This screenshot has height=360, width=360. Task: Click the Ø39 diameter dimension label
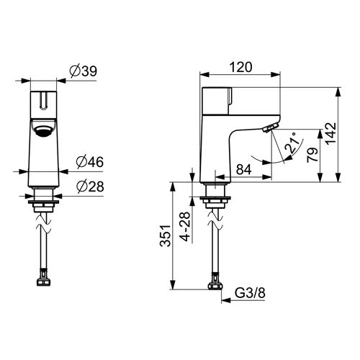(x=84, y=71)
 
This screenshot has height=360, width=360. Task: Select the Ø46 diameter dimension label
(x=90, y=162)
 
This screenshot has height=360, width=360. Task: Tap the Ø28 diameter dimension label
(x=90, y=186)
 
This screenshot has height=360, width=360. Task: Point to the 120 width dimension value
(x=241, y=67)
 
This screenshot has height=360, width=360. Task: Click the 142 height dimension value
(x=331, y=133)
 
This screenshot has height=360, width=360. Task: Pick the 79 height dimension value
(x=312, y=155)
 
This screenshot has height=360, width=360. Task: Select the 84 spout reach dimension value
(x=244, y=169)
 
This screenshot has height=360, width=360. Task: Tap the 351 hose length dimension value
(x=166, y=235)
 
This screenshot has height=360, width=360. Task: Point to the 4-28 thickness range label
(x=185, y=227)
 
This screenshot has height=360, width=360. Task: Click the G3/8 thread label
(x=250, y=293)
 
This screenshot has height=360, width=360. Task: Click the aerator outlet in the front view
(x=43, y=131)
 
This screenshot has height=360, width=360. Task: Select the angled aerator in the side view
(x=271, y=127)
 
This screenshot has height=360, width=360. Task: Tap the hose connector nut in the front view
(x=43, y=282)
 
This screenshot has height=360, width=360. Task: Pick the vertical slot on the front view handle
(x=44, y=101)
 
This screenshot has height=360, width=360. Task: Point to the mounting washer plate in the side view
(x=215, y=198)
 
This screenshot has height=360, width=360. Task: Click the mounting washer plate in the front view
(x=43, y=202)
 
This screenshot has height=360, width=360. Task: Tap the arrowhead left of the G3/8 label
(x=226, y=300)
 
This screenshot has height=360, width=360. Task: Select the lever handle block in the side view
(x=217, y=101)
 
